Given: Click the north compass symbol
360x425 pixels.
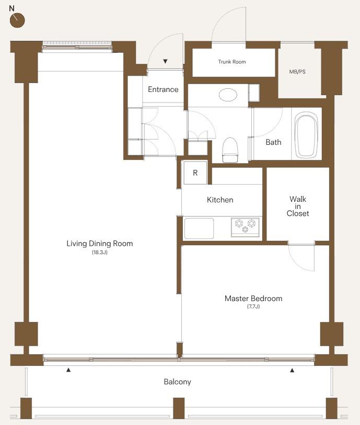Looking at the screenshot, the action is coord(17,20).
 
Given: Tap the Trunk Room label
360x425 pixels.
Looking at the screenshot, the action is coord(232,62).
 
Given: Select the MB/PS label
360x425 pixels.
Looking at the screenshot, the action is coord(297,72).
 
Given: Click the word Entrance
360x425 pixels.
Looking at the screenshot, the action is coord(163,89).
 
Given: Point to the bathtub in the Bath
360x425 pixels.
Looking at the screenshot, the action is coord(306,135).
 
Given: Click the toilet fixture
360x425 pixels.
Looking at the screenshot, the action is coord(230,150).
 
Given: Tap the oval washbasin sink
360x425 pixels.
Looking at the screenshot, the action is coord(228,95).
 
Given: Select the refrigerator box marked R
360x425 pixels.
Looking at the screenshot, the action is coord(195,173).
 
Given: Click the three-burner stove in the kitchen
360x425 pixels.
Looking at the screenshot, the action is coord(245,227).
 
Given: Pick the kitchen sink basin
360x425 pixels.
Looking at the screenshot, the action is coord(199,228).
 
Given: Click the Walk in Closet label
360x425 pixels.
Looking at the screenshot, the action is coord(298,206).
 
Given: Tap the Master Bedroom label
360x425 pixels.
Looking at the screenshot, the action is coord(253,298).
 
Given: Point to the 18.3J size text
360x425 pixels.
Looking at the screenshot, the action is coord(100,252).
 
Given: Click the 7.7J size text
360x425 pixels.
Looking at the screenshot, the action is coord(253,306).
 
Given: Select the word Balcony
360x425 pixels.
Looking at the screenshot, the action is coord(178,382).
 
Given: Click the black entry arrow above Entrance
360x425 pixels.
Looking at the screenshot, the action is coord(165,62).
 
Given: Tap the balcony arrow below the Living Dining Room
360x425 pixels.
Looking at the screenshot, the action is coord(68,370).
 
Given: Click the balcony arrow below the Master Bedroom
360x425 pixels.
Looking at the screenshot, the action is coord(292,370).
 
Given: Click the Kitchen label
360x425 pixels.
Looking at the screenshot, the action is coord(220,200).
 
